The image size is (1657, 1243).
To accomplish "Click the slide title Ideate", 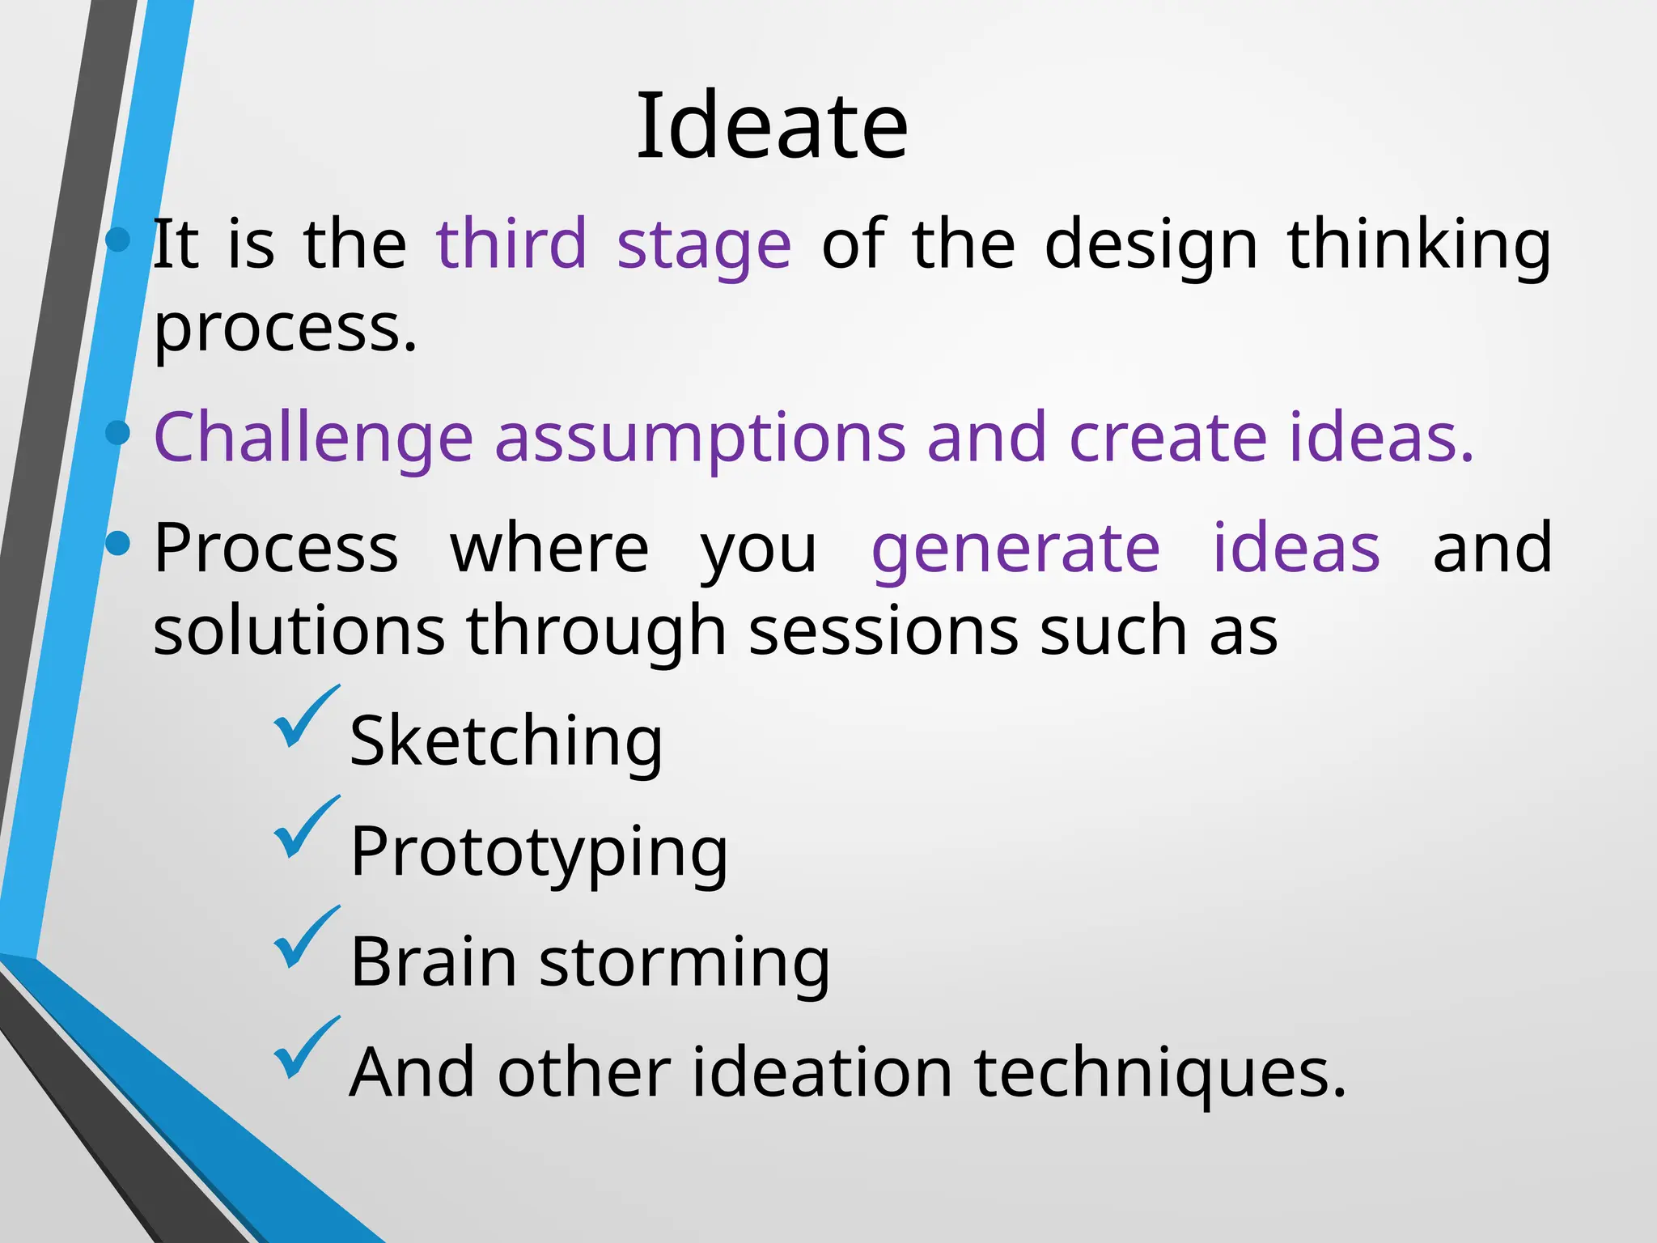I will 772,127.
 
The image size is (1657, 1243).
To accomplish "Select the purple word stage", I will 704,246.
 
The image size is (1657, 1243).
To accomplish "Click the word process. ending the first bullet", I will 286,329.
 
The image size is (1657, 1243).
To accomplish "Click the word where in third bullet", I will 549,549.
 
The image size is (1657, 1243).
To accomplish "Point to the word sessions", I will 883,632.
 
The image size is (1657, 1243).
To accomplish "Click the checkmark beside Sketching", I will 305,717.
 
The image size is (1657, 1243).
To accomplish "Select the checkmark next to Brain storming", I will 305,938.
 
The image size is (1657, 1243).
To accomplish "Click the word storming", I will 684,964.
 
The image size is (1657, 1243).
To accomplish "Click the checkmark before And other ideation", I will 305,1048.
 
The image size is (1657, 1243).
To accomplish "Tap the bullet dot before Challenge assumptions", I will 118,433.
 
